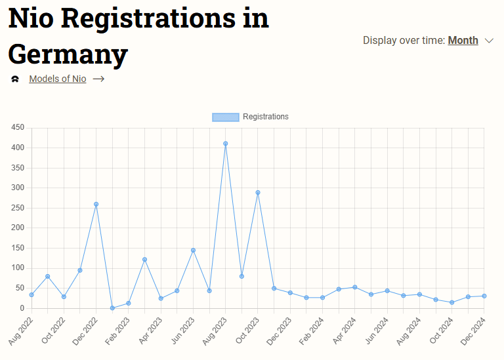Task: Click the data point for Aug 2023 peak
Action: coord(225,144)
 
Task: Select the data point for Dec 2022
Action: coord(96,204)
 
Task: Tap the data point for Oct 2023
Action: coord(258,193)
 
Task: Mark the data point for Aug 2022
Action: coord(31,294)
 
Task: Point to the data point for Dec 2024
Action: coord(484,296)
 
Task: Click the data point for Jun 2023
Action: coord(193,250)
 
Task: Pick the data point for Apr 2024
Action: coord(355,287)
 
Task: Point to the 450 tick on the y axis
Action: coord(18,128)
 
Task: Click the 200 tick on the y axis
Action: coord(18,228)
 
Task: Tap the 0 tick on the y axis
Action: coord(22,308)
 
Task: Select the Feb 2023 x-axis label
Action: coord(117,330)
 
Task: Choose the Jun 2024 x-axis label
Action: coord(376,330)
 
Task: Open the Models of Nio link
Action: coord(57,79)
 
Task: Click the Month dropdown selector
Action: coord(463,41)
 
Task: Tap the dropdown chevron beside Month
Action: coord(489,41)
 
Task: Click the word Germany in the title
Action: coord(68,54)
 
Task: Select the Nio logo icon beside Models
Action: coord(15,79)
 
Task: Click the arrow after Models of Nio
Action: coord(98,79)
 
